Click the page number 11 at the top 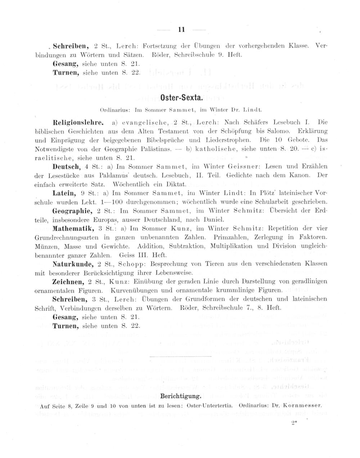181,30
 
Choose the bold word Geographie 71,210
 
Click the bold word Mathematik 73,228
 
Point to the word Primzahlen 229,237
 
